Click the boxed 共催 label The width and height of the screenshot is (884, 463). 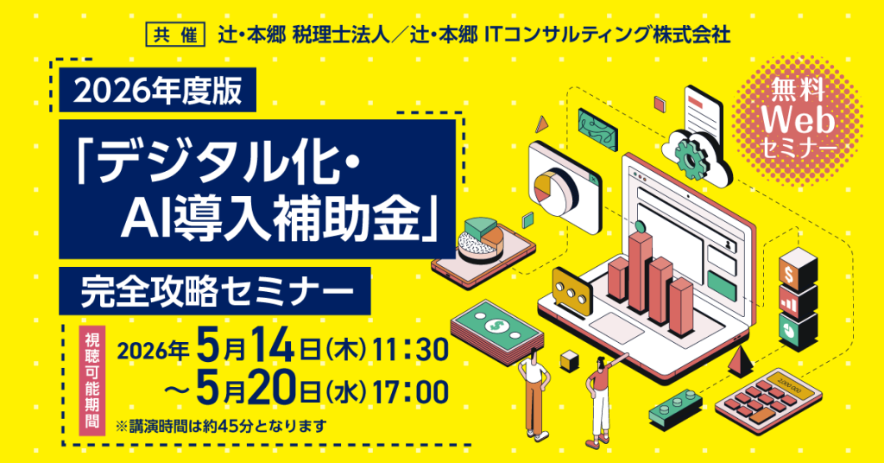[175, 35]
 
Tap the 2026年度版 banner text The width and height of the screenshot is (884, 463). [158, 91]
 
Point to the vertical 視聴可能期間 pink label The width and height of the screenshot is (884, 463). [92, 381]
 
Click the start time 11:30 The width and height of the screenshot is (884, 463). [410, 350]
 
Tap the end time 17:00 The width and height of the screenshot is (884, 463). [410, 392]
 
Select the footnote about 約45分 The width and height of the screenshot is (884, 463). [221, 425]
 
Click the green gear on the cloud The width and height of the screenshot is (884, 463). [690, 158]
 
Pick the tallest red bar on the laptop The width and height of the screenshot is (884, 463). [640, 270]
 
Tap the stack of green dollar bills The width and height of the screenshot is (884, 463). [496, 333]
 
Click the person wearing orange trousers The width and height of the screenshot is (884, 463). [533, 395]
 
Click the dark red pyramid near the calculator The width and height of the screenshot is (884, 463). [741, 362]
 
